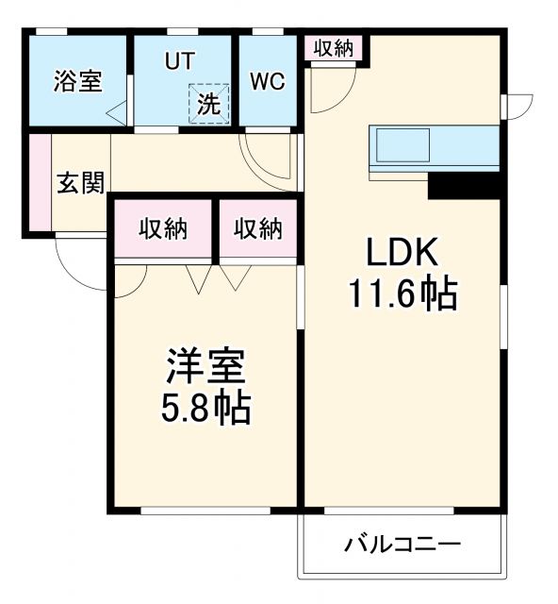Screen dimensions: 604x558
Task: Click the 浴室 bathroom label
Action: coord(77,81)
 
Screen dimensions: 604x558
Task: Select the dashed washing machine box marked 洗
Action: coord(208,103)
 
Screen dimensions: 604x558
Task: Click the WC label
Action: coord(267,81)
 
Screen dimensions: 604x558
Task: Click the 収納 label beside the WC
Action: coord(334,47)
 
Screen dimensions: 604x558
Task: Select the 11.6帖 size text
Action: coord(402,294)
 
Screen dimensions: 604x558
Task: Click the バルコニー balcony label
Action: coord(402,545)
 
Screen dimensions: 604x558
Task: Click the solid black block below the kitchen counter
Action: coord(463,185)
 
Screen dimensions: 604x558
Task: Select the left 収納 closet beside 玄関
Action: coord(162,229)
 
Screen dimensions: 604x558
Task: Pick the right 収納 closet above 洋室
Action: coord(257,229)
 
